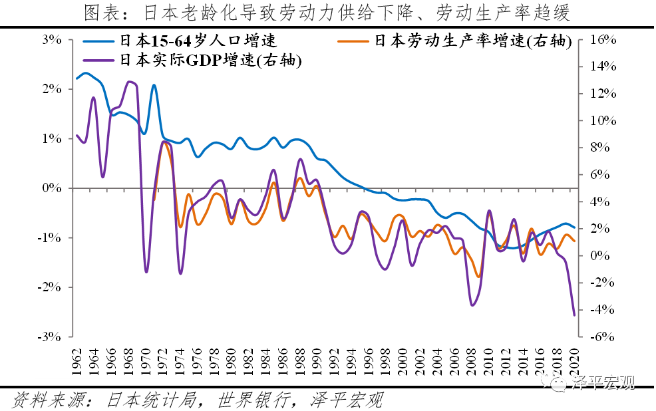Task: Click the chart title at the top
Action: [x=327, y=12]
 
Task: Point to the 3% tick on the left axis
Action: [x=52, y=40]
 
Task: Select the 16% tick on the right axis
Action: [x=603, y=40]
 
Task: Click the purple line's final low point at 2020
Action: [x=574, y=315]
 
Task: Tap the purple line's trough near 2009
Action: [x=472, y=305]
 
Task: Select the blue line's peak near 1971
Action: [x=154, y=85]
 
